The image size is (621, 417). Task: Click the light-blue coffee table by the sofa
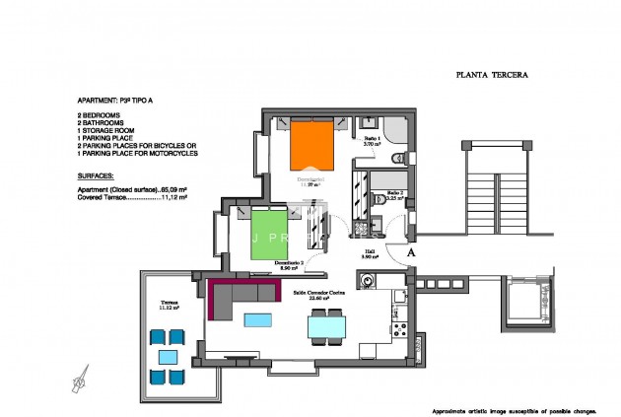coord(258,319)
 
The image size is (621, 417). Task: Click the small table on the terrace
coord(169,356)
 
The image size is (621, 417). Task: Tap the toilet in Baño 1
coord(396,159)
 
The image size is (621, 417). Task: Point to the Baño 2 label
coord(393,194)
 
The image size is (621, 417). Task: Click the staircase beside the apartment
coord(491,191)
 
